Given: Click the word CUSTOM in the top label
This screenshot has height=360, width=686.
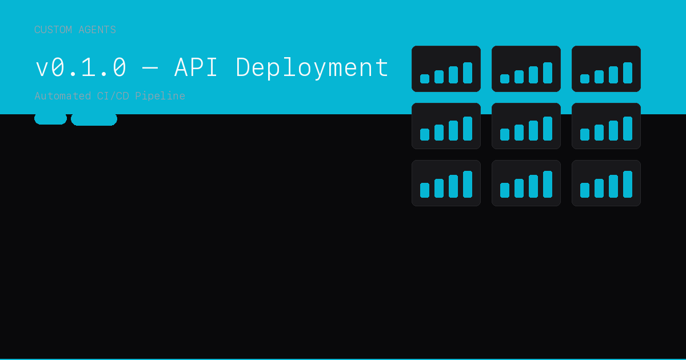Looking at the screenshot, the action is [x=53, y=30].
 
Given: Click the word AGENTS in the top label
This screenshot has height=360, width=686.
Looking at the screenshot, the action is [x=97, y=30].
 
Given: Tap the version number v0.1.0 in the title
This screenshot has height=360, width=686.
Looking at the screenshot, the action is [x=81, y=67].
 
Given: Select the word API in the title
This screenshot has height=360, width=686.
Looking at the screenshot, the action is [x=196, y=67].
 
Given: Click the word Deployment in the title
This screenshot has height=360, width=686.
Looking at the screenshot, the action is [x=312, y=68].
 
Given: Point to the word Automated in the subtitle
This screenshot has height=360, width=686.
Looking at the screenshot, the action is [x=63, y=96].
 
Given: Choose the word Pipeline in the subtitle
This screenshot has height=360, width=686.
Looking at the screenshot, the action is [x=160, y=96].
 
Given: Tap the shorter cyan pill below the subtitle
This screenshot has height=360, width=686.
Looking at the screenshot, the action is [x=50, y=119].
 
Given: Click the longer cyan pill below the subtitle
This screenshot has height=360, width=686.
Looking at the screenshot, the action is [x=94, y=119].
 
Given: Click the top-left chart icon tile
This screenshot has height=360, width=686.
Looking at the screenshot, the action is [x=446, y=69].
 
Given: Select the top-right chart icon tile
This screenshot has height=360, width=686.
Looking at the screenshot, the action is [x=607, y=69].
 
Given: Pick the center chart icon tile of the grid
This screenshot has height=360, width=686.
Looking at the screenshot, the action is [x=526, y=126].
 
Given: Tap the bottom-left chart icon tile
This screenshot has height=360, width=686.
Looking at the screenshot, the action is [x=446, y=183].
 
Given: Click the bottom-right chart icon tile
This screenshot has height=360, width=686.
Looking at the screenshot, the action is [x=607, y=183].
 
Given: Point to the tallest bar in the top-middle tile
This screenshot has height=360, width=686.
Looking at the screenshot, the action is [x=548, y=73].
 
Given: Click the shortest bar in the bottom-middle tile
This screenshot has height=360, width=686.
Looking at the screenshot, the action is [x=505, y=190].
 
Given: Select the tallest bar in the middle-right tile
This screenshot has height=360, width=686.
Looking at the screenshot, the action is [x=628, y=129].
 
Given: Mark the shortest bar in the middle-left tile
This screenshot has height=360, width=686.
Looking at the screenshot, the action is [x=425, y=134].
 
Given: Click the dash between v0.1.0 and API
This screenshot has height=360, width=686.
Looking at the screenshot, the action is [x=150, y=68].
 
